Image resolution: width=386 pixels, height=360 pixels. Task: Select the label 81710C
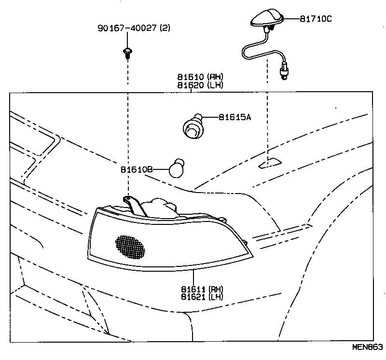tap(316, 19)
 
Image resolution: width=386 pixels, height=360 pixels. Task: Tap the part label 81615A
tap(234, 117)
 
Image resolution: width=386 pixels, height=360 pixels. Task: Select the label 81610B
tap(137, 170)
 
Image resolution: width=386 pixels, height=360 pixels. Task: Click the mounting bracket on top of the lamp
tap(136, 205)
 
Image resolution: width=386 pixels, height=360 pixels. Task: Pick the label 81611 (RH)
tap(202, 289)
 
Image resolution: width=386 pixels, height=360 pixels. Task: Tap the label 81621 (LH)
tap(202, 297)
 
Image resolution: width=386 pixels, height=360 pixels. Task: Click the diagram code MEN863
tap(366, 347)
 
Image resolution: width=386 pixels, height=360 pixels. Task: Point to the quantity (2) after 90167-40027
tap(165, 28)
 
